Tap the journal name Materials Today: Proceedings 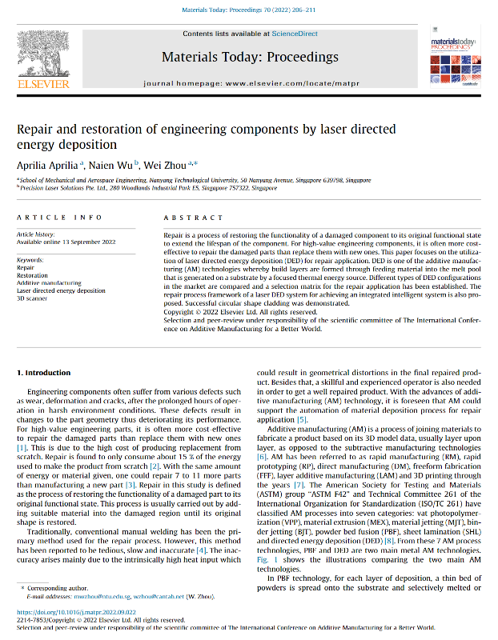coord(250,57)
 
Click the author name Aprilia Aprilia coord(46,164)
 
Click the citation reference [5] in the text coord(302,420)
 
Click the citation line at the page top coord(249,10)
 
